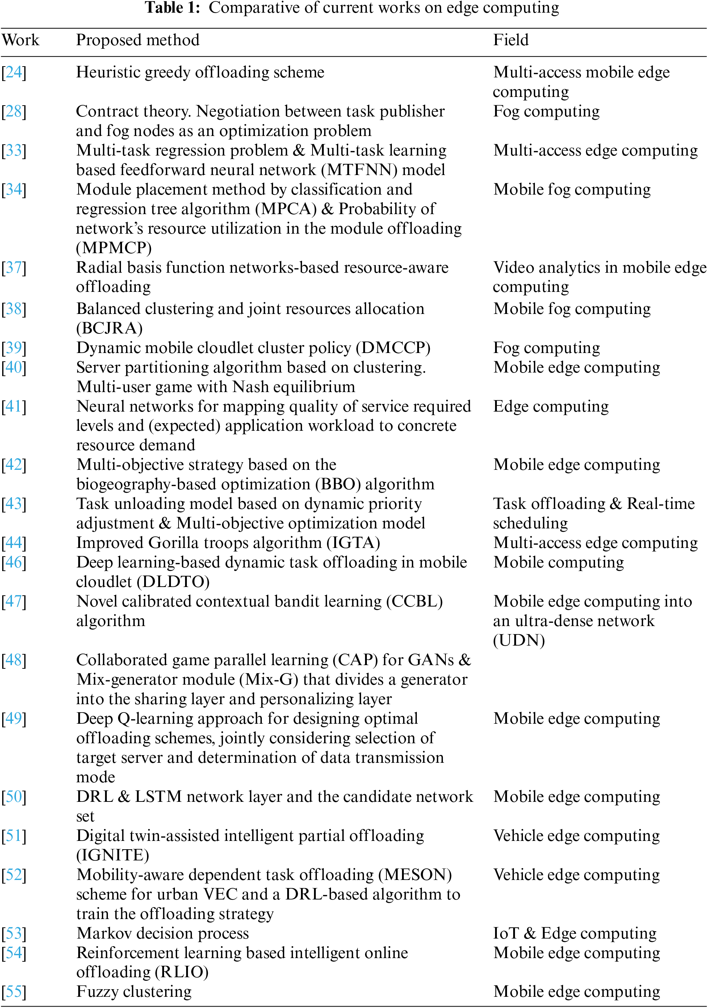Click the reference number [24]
[14, 72]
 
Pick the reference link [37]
[14, 268]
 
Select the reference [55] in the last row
[14, 992]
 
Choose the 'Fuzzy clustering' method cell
[134, 992]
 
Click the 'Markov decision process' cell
[163, 933]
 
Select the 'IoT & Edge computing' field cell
[574, 933]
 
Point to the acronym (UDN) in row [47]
[519, 641]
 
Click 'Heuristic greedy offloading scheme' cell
[200, 72]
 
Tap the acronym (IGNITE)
[113, 855]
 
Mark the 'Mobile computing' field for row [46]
[558, 563]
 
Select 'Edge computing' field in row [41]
[551, 407]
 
